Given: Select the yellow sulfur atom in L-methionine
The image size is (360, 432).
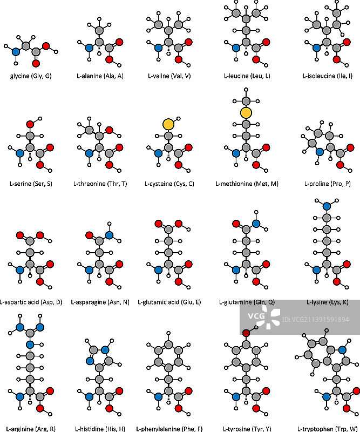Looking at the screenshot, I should tap(246, 112).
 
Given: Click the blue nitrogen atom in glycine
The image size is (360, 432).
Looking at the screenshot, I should tap(16, 52).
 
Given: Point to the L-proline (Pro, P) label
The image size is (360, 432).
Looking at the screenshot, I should tap(328, 184).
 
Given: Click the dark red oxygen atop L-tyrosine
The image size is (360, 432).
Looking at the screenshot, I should tap(246, 333).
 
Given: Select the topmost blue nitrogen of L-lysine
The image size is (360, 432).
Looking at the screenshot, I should tap(325, 206).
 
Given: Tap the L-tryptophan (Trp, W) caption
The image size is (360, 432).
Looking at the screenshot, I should tap(328, 429).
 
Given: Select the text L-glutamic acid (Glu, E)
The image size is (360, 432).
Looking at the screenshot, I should tap(169, 302).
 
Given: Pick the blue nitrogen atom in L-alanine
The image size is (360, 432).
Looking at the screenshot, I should tap(89, 48).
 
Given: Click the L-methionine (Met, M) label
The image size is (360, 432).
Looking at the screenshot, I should tap(247, 184).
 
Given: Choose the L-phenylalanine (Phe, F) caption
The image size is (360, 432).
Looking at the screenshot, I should tap(168, 429).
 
